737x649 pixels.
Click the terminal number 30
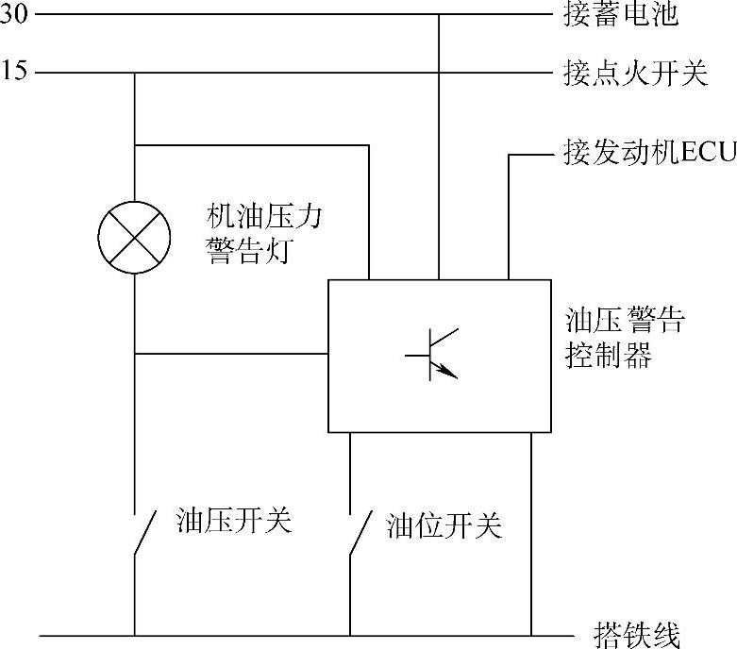(x=15, y=15)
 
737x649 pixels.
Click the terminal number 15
(x=15, y=73)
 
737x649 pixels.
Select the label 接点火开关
(x=635, y=74)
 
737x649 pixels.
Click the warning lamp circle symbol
(x=135, y=235)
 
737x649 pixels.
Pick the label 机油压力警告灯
(x=265, y=235)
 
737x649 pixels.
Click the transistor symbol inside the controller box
(x=435, y=355)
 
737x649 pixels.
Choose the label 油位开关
(x=444, y=525)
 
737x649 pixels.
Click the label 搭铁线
(x=638, y=634)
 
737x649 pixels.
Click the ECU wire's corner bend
(x=510, y=155)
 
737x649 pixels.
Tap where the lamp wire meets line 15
(x=135, y=73)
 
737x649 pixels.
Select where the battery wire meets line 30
(x=439, y=15)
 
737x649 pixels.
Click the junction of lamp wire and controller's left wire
(x=135, y=355)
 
